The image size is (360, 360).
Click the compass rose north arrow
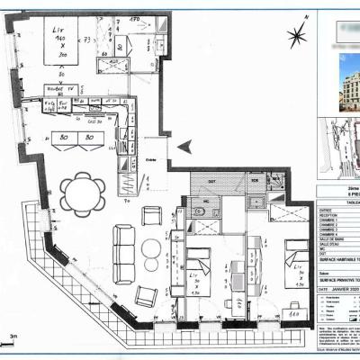click(295, 37)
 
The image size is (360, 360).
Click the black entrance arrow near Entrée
click(184, 147)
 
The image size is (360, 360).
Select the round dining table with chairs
click(81, 193)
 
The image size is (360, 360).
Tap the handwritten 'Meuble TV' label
click(59, 90)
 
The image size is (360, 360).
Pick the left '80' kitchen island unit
click(63, 139)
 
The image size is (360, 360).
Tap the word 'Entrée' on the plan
click(149, 161)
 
